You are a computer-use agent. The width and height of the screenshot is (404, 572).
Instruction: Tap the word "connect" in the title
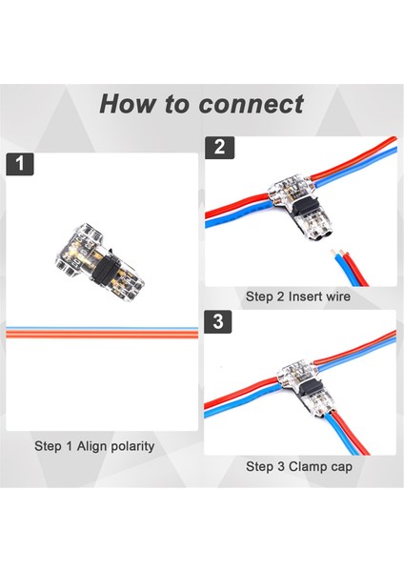(x=252, y=104)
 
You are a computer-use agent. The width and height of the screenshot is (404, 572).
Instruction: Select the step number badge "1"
(x=20, y=164)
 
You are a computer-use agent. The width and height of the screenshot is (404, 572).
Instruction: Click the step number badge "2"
(x=219, y=148)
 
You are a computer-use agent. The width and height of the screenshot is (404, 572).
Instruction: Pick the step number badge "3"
(x=218, y=322)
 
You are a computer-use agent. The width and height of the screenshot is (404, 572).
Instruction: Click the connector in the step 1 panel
(x=99, y=261)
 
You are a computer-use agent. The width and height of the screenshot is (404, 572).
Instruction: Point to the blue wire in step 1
(x=102, y=328)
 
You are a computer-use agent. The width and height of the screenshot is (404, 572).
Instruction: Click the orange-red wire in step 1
(x=102, y=334)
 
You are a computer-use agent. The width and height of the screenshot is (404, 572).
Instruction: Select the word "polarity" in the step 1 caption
(x=132, y=446)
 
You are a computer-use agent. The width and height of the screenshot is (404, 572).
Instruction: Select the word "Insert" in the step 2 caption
(x=305, y=296)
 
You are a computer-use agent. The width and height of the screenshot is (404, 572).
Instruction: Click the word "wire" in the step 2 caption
(x=338, y=296)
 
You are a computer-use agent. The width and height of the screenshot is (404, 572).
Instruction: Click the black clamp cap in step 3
(x=311, y=389)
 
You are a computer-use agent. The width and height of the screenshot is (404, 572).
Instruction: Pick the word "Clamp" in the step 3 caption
(x=306, y=466)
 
